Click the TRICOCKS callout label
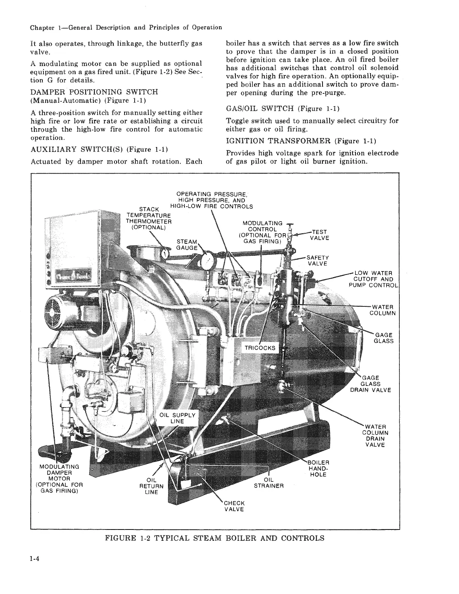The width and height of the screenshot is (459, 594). coord(260,348)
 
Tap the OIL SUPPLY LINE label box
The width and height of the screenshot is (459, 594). coord(177,418)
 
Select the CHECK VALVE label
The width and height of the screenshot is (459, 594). coord(234,506)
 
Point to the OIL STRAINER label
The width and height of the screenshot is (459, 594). coord(268,483)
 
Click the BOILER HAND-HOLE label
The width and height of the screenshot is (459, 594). coord(318,468)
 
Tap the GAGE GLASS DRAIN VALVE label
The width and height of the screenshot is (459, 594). coord(370,384)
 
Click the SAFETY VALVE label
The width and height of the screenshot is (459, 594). coord(318,260)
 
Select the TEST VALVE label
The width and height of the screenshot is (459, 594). coord(319,235)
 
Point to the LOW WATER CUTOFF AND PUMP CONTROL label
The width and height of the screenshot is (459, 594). coord(372,279)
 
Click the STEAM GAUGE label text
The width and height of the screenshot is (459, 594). coord(186,244)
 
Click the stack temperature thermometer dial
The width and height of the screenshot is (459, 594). coord(164,253)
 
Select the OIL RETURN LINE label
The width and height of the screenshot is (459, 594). coord(151,486)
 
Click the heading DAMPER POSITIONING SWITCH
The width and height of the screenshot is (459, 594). coord(94,92)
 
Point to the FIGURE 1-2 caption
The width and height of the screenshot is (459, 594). coord(214,538)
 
